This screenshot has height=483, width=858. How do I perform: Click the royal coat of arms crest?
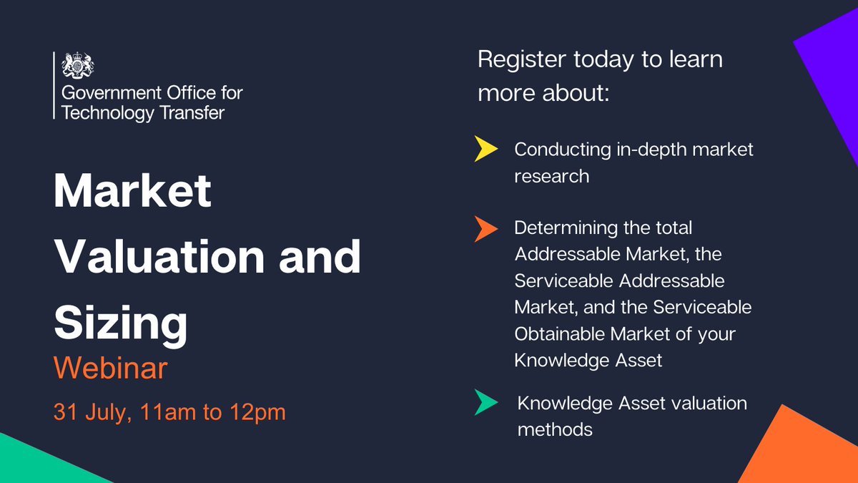78,65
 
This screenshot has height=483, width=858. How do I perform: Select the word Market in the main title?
133,192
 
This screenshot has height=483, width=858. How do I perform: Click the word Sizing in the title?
121,323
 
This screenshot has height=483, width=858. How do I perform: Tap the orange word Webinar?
111,369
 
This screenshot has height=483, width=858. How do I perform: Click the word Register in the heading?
521,59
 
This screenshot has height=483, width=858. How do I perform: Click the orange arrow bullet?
485,228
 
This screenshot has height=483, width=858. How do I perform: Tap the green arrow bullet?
485,402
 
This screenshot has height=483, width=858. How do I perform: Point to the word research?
551,176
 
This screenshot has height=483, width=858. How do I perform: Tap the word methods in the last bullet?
554,429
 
